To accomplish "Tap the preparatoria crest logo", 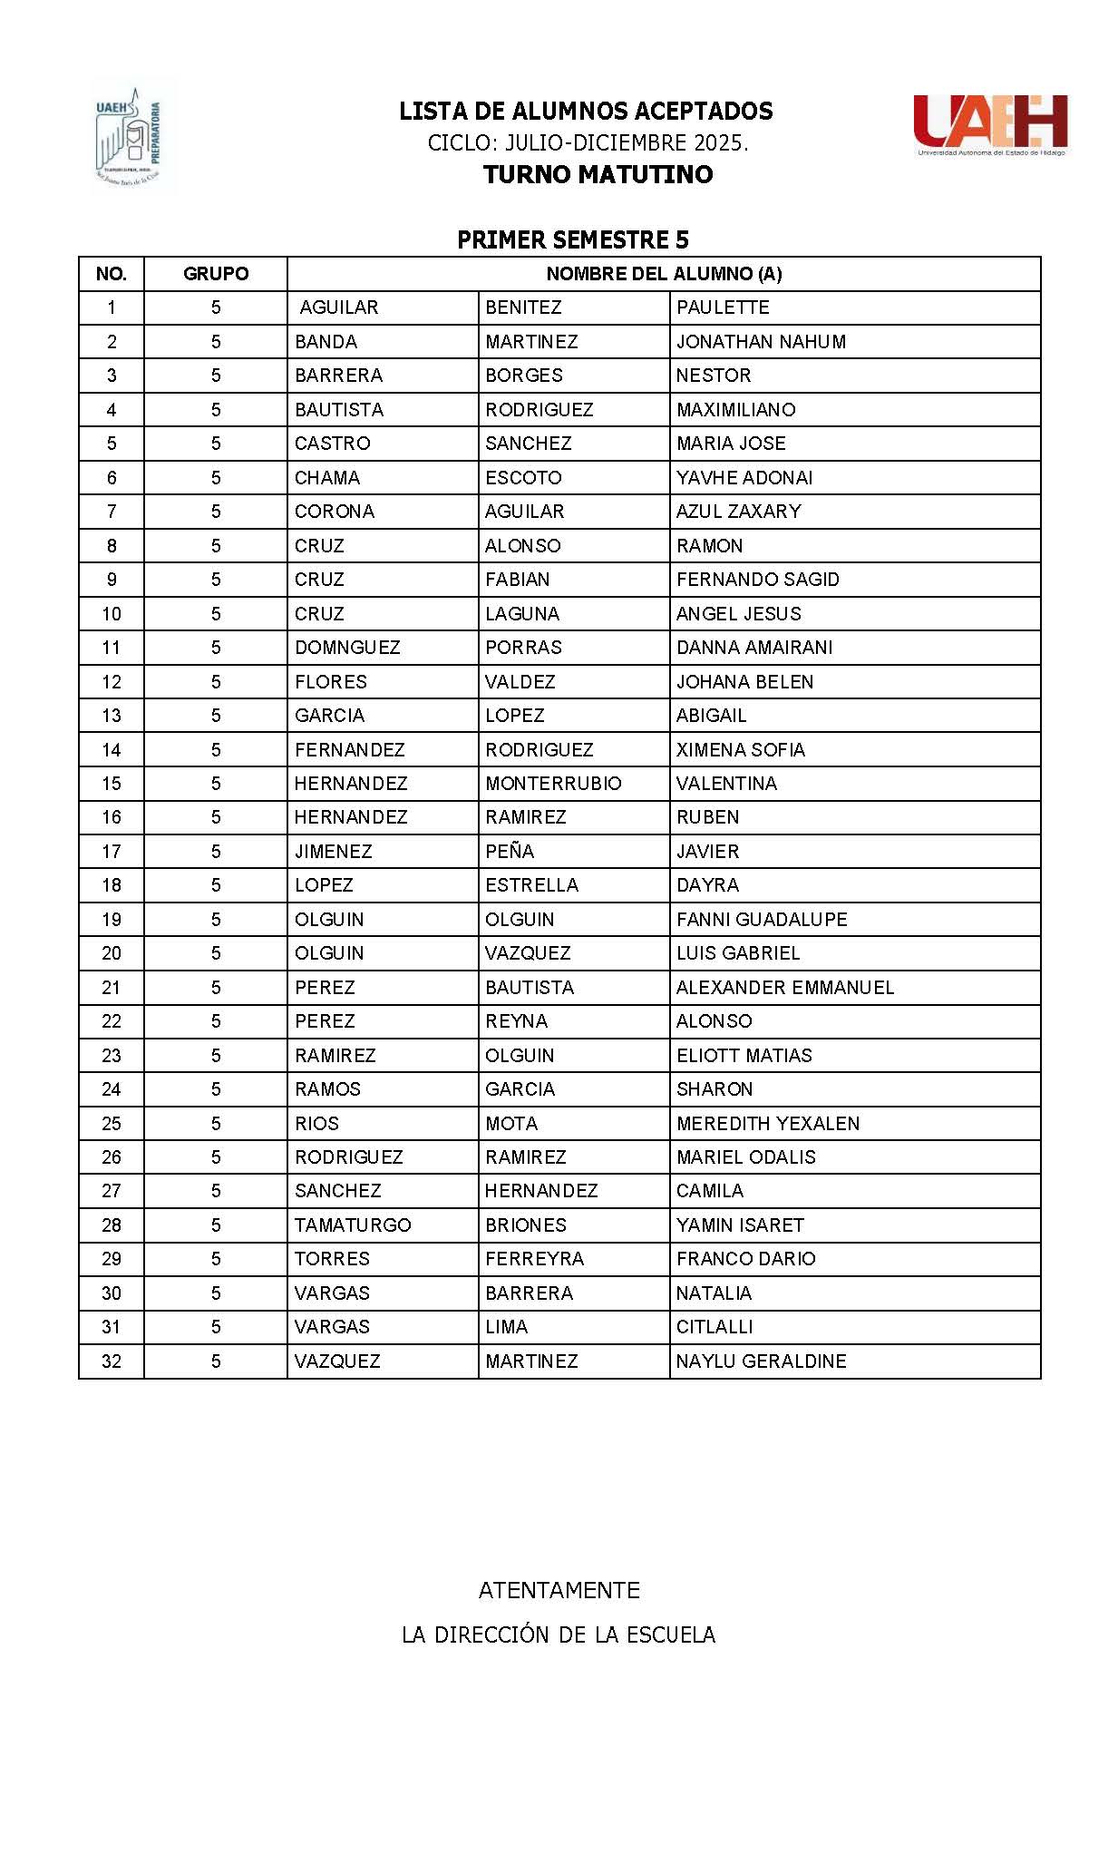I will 129,136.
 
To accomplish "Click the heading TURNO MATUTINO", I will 598,174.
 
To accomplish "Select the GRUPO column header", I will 216,274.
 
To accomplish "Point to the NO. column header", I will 111,274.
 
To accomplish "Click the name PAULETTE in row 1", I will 723,307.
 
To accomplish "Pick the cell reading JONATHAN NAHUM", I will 761,342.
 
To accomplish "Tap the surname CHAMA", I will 327,478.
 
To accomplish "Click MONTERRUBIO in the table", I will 553,784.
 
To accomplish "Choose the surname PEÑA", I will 510,852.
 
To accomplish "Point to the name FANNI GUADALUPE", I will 762,920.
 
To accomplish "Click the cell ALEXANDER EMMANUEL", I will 785,988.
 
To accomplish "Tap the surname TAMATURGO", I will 353,1225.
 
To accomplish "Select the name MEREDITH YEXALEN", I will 768,1124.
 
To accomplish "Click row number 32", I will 111,1361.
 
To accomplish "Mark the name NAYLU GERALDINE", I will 762,1361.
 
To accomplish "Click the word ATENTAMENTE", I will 559,1590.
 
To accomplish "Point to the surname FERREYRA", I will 534,1259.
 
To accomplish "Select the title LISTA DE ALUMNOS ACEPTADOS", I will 586,112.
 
